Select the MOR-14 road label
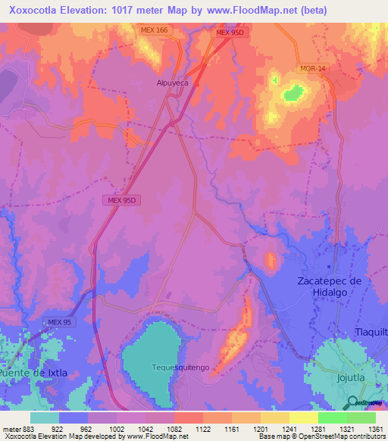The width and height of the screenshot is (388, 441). (311, 68)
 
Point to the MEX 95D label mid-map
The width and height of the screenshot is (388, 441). (122, 200)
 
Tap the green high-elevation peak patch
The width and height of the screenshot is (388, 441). (293, 94)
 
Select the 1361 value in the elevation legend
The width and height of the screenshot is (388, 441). (375, 428)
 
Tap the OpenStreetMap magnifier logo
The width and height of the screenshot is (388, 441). (352, 403)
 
